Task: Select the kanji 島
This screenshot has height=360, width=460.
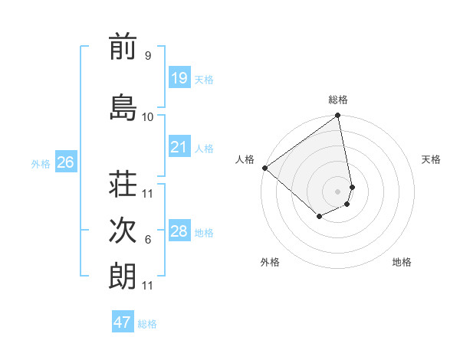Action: pos(123,107)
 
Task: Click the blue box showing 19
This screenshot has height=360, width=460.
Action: pos(179,78)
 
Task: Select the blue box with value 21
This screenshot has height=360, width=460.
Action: pos(179,147)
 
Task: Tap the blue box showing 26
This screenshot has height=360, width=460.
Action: pos(65,162)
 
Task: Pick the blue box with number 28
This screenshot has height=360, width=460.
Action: pos(179,231)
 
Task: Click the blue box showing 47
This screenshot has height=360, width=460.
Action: pos(123,322)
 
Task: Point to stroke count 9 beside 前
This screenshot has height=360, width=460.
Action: pos(147,55)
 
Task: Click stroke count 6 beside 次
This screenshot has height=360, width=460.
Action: pos(147,240)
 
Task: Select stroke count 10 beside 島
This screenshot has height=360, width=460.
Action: pos(147,116)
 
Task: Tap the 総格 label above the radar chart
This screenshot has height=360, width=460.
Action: pos(338,100)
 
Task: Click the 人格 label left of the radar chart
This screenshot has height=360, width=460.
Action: pos(245,159)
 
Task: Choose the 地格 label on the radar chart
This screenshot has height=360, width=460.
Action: pos(402,262)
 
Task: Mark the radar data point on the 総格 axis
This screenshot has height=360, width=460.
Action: pos(338,116)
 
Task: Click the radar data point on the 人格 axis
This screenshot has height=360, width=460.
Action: pos(264,168)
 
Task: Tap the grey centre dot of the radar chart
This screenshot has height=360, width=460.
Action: pos(337,191)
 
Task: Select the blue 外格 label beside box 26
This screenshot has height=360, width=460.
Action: pos(41,163)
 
